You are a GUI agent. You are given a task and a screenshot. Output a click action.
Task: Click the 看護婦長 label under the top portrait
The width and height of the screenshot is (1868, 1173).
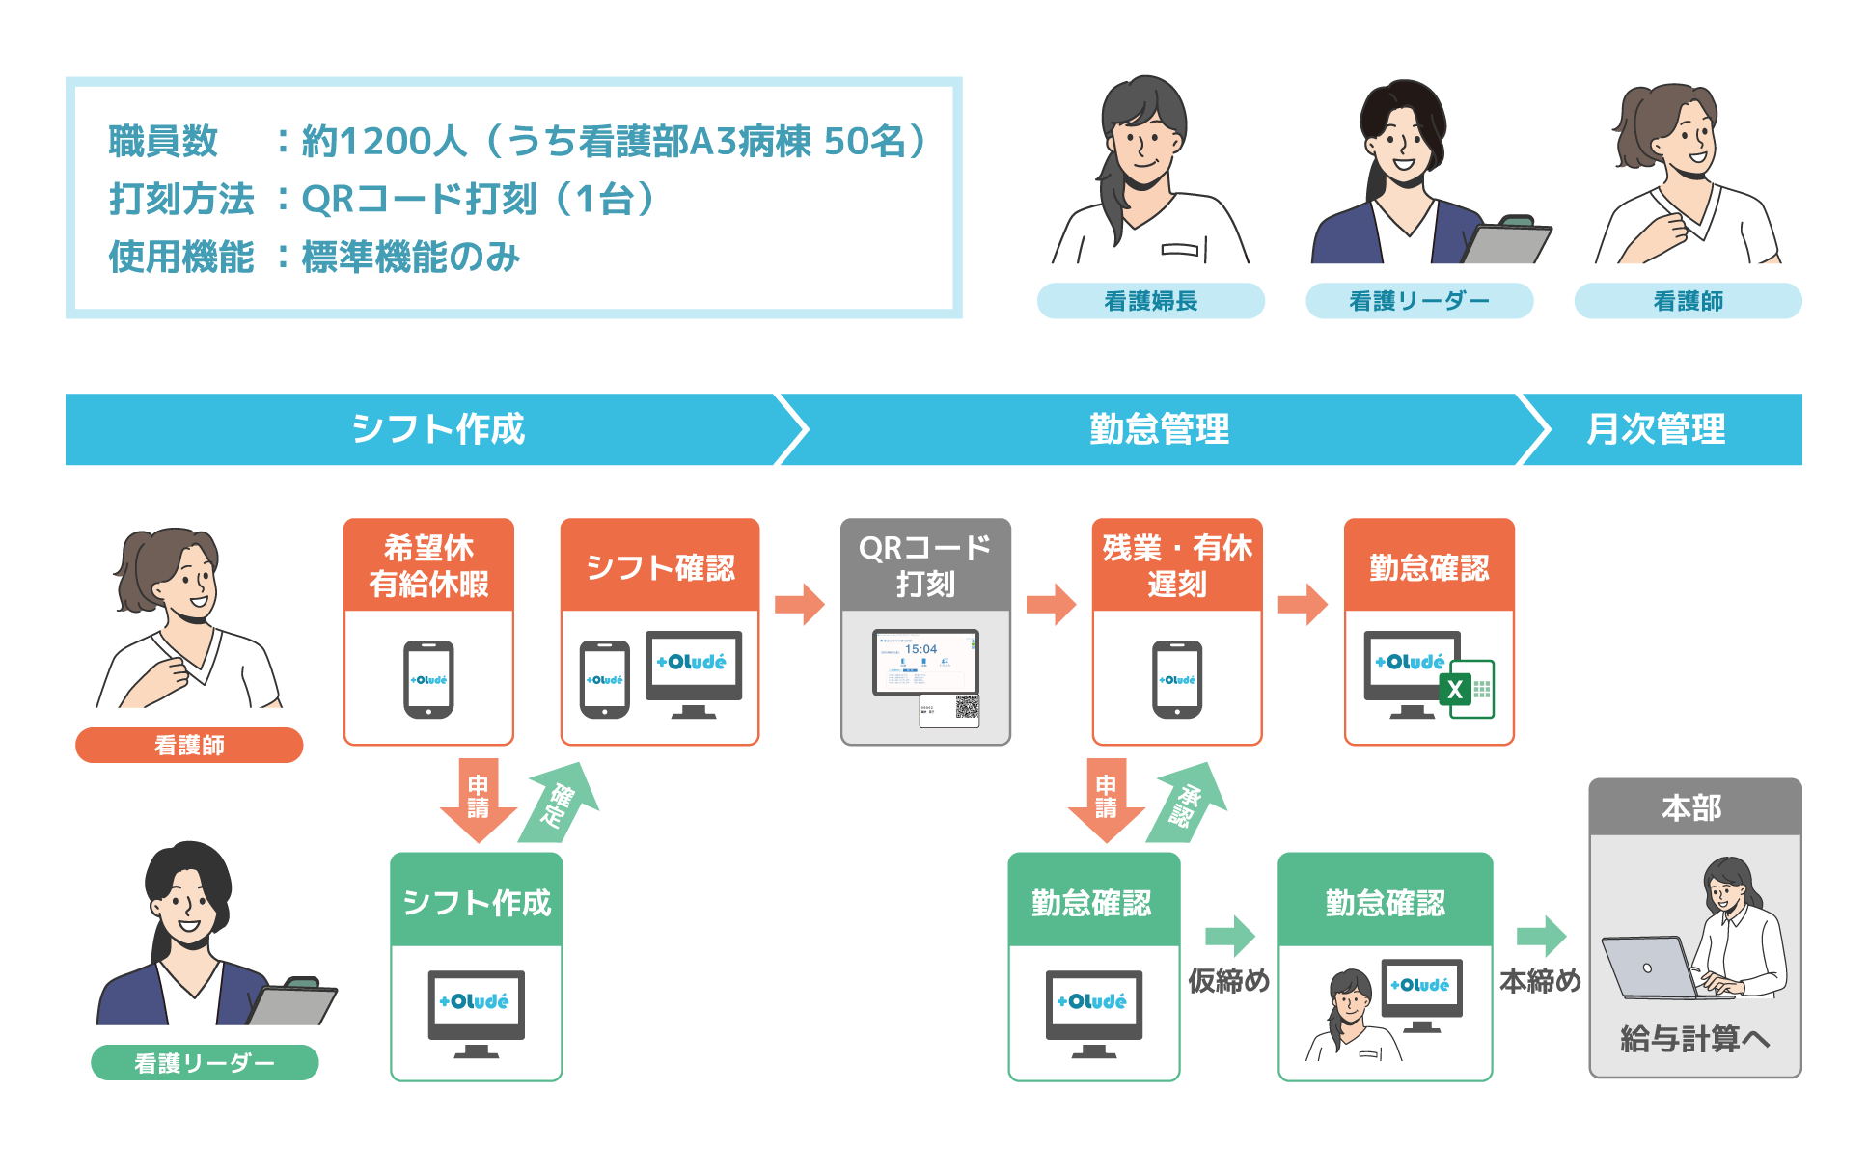(x=1150, y=301)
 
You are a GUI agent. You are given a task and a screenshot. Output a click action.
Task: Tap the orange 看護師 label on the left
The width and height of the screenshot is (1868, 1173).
(x=189, y=745)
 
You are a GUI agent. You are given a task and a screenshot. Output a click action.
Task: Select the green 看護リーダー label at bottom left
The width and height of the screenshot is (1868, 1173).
(x=205, y=1062)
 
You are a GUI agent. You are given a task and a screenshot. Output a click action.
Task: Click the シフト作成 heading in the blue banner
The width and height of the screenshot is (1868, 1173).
(x=438, y=429)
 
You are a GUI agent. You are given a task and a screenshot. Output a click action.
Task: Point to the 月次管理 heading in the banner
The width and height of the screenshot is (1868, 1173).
(x=1656, y=429)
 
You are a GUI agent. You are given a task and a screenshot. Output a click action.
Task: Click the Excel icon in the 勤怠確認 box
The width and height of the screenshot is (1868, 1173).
(x=1467, y=689)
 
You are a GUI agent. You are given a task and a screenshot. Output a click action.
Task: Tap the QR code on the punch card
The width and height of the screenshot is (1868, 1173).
(x=966, y=707)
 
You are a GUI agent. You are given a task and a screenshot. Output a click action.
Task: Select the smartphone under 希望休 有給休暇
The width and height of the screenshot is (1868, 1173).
(x=428, y=679)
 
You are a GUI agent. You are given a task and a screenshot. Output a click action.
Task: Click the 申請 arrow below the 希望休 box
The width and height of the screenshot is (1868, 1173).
(x=478, y=801)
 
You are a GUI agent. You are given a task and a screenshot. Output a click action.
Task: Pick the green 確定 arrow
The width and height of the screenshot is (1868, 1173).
(x=562, y=803)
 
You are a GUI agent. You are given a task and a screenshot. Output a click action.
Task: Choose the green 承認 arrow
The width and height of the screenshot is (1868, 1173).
(x=1189, y=803)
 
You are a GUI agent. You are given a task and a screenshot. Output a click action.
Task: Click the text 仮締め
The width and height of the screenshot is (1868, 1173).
(x=1228, y=981)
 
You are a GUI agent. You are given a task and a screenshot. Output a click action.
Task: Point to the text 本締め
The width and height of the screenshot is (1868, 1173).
(x=1540, y=981)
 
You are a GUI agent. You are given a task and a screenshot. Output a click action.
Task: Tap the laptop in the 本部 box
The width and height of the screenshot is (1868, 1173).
(x=1648, y=968)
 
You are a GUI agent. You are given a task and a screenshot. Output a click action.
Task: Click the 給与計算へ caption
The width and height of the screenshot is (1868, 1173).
(x=1694, y=1039)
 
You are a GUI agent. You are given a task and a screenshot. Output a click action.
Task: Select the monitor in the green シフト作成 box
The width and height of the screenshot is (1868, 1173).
(x=477, y=1011)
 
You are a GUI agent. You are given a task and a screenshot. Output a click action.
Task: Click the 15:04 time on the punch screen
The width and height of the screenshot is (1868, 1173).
(x=920, y=649)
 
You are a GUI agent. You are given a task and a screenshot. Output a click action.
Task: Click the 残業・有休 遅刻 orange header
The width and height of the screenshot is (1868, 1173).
(x=1176, y=565)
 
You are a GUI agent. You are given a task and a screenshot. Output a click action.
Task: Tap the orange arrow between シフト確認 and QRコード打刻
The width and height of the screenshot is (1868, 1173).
(x=800, y=605)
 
